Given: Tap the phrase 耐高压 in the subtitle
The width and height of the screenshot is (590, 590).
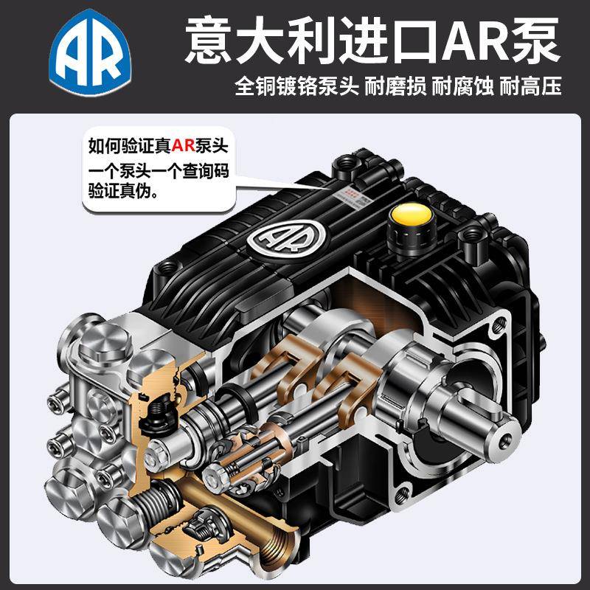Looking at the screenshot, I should tap(530, 87).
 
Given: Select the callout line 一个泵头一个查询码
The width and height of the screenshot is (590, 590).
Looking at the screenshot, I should tap(159, 170).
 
